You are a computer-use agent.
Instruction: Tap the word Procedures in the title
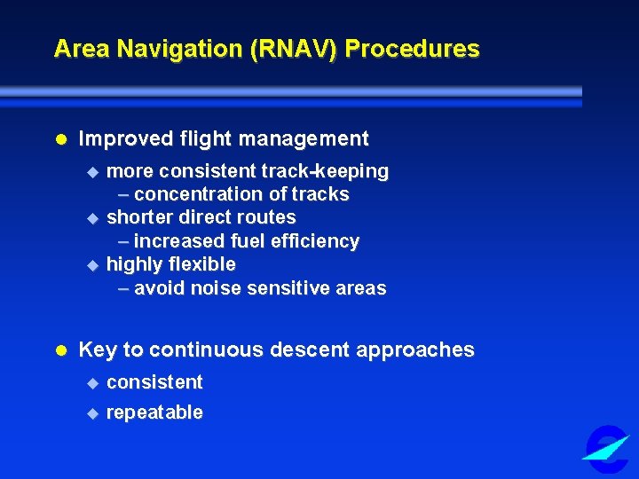point(413,49)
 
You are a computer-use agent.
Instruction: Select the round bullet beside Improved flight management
point(61,140)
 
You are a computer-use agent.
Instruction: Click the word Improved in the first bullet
point(121,139)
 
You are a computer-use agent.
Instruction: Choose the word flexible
point(203,264)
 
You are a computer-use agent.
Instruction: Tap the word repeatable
point(154,412)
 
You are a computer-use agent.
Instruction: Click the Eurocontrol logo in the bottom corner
point(608,448)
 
